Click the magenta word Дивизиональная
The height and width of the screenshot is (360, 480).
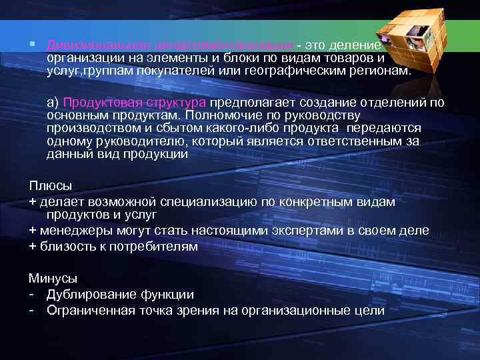99,45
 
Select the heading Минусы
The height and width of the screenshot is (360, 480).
53,278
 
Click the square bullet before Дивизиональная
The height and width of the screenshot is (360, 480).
32,43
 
